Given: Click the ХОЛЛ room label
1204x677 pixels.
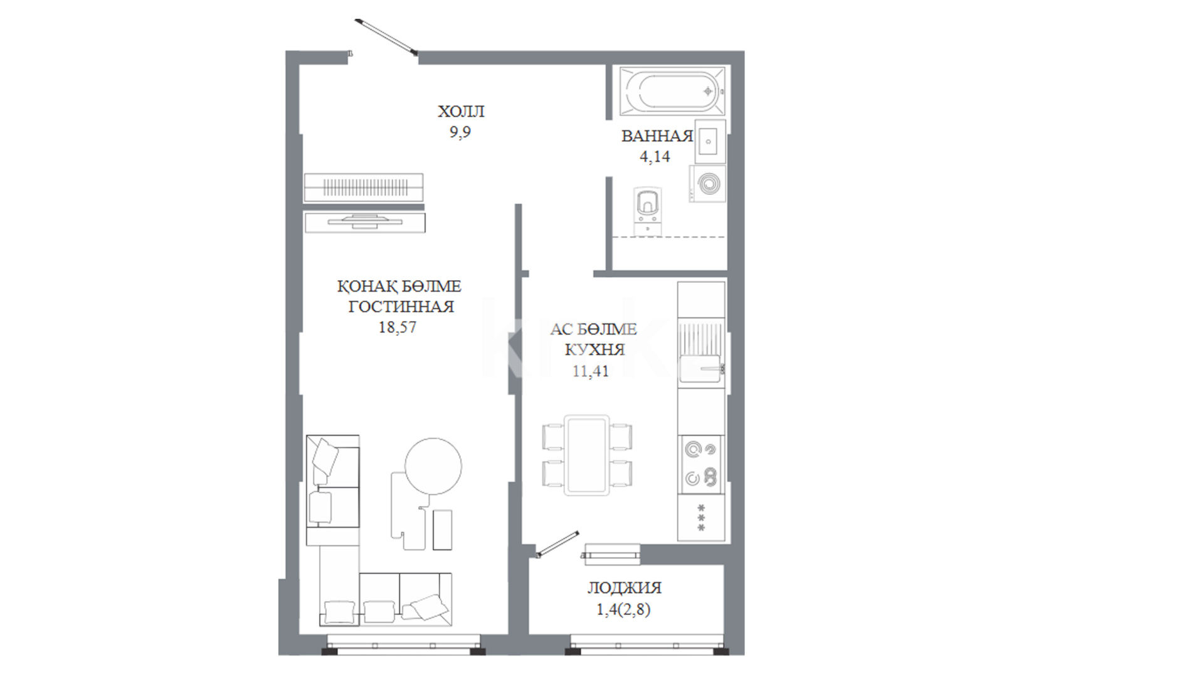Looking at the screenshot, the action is [x=461, y=112].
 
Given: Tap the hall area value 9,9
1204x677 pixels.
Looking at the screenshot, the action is [x=460, y=132].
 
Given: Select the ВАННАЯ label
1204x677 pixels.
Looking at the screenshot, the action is [x=657, y=136].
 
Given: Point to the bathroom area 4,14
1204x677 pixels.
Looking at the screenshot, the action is [x=655, y=157].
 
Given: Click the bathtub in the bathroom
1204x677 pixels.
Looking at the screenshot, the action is [x=672, y=92].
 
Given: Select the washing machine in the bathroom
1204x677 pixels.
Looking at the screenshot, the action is [x=707, y=184].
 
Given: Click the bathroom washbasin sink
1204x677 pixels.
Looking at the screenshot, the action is [x=710, y=142].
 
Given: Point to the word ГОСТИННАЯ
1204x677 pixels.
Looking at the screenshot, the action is [x=401, y=307].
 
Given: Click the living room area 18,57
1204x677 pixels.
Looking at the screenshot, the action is [x=398, y=327].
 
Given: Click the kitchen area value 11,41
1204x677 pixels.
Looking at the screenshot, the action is [x=591, y=371].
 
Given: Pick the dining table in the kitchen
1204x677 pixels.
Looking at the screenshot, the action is [x=587, y=455].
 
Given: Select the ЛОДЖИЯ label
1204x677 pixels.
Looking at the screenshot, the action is [x=625, y=588].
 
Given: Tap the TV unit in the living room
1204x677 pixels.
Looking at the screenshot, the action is [x=364, y=223].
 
